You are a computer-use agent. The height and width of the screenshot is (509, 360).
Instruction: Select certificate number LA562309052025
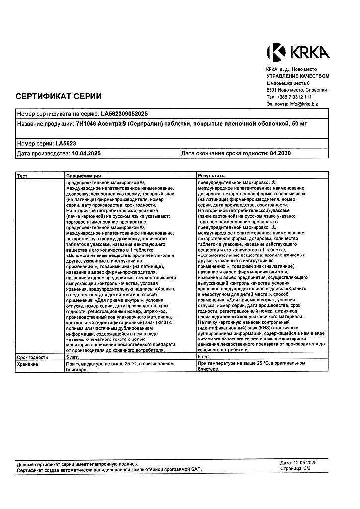coord(124,114)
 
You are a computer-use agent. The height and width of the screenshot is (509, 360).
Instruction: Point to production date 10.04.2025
coord(87,154)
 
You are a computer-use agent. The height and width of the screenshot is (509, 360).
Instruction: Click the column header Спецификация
coord(84,176)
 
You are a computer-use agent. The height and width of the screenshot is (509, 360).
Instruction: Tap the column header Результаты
coord(212,176)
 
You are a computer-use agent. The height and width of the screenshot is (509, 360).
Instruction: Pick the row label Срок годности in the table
coord(33,357)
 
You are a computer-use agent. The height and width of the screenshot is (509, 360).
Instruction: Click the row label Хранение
coord(27,364)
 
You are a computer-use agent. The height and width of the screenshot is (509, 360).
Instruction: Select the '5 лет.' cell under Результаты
coord(204,357)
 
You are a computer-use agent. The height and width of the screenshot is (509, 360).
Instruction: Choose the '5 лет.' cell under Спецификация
coord(73,357)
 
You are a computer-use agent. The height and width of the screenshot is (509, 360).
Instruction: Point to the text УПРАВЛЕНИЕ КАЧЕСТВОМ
coord(297,76)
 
